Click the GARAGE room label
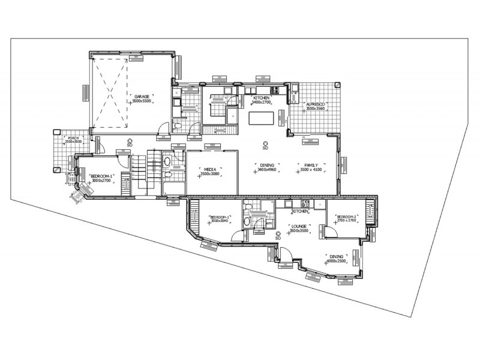(x=142, y=96)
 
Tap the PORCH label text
(x=73, y=138)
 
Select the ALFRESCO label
(x=316, y=103)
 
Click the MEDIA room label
(x=210, y=170)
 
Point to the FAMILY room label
(x=311, y=165)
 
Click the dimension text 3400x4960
(x=267, y=170)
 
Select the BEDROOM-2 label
(x=347, y=217)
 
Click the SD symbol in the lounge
(x=278, y=238)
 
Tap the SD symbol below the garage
(x=130, y=143)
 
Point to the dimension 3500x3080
(x=210, y=175)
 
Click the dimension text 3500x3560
(x=316, y=109)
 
